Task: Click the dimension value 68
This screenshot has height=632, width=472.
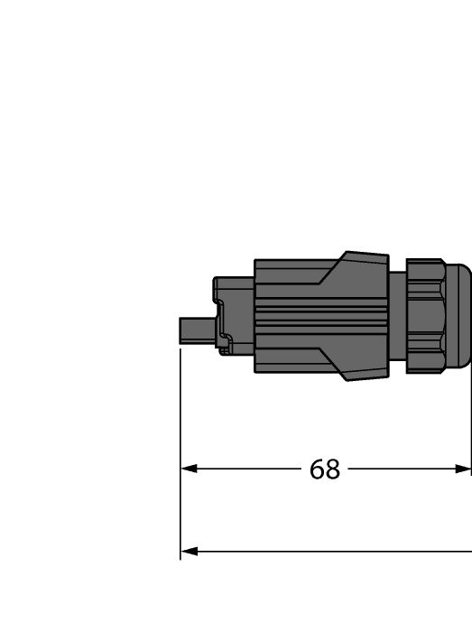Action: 325,469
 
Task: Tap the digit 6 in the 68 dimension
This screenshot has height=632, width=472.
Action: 317,469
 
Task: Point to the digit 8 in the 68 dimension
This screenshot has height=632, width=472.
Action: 333,469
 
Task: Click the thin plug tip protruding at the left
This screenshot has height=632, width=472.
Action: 197,330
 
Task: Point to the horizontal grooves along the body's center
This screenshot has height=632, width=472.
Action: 320,316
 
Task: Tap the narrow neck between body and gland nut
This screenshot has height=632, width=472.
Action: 398,316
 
